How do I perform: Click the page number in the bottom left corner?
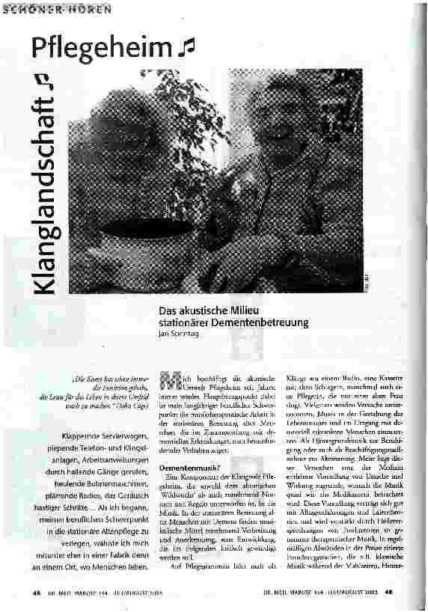click(x=37, y=593)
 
